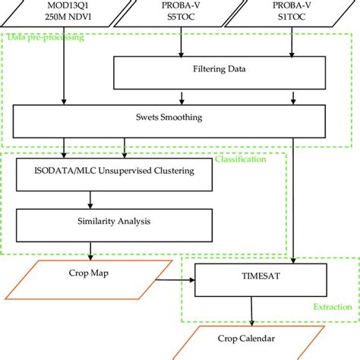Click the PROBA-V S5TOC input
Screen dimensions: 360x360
coord(181,11)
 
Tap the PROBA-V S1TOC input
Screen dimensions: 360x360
coord(292,11)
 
